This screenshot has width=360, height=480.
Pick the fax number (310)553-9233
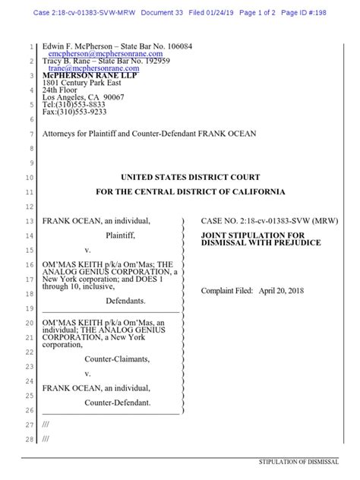[x=84, y=112]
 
